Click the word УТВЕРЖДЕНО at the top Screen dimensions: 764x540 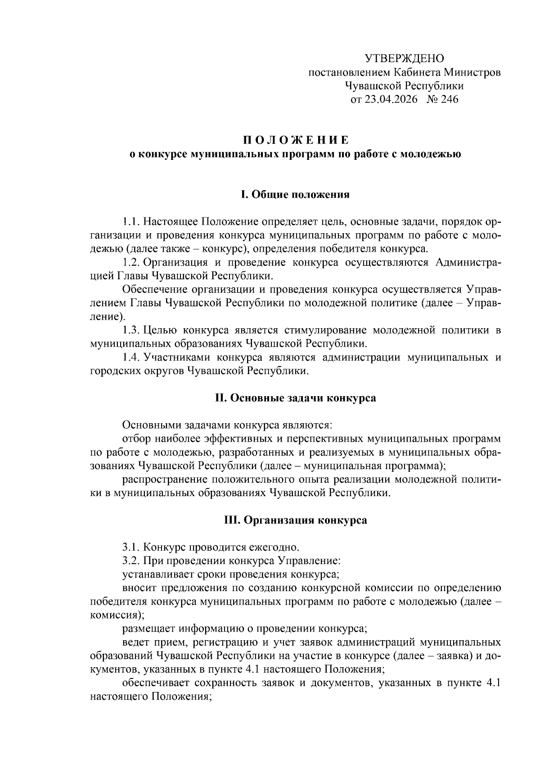[404, 58]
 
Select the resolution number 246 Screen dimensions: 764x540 [449, 99]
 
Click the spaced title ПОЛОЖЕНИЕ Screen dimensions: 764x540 [296, 139]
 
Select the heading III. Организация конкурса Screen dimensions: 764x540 [295, 520]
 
